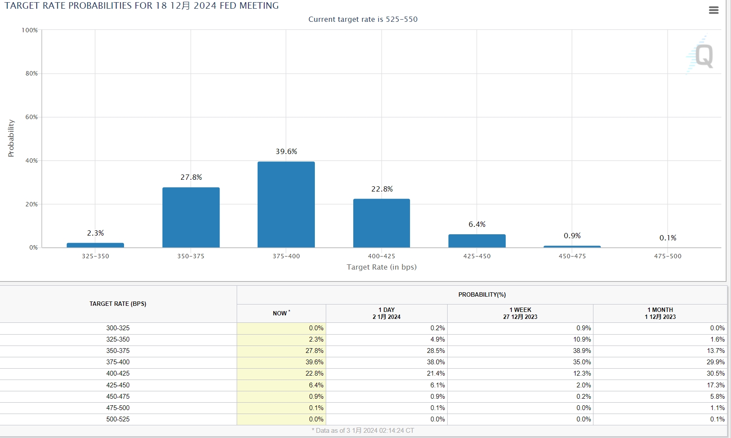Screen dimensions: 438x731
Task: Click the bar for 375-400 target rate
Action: [x=286, y=205]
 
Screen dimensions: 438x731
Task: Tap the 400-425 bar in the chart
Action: [x=381, y=223]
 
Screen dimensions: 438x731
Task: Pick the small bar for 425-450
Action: [x=477, y=241]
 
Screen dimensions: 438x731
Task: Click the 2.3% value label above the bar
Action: [x=95, y=233]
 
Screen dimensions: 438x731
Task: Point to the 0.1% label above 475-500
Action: [x=668, y=238]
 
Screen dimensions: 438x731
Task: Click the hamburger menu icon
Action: [x=714, y=10]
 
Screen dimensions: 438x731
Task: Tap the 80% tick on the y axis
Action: [x=31, y=73]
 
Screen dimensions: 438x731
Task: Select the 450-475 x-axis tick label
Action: [x=572, y=256]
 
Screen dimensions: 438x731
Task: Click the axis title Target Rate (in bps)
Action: [x=382, y=267]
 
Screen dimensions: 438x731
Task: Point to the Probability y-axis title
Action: [x=11, y=138]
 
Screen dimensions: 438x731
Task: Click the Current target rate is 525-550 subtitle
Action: [x=363, y=19]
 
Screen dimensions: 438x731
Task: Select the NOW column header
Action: [x=281, y=313]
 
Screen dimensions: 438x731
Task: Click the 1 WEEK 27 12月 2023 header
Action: [x=520, y=313]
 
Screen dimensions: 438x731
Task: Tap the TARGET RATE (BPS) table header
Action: [x=118, y=304]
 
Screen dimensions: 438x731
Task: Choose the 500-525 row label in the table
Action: [x=118, y=419]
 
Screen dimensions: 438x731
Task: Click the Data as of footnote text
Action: [x=363, y=431]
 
